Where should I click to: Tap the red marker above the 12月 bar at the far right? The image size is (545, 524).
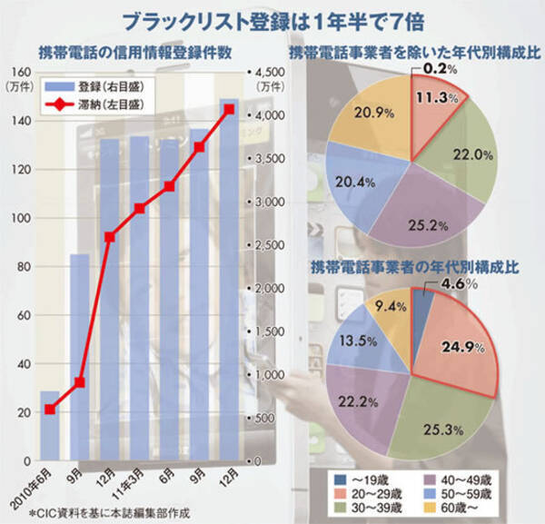click(228, 109)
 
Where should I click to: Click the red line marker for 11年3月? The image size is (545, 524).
click(139, 208)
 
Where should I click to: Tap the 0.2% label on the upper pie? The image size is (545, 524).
click(439, 68)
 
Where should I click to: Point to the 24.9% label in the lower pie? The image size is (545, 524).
click(457, 345)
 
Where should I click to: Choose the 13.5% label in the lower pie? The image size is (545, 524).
click(353, 343)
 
